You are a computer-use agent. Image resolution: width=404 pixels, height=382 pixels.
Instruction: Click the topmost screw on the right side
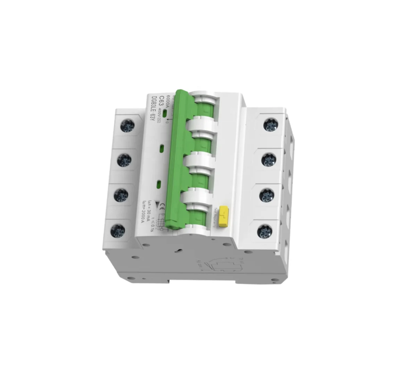pyautogui.click(x=270, y=125)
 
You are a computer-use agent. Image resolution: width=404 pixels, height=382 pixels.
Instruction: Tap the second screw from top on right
pyautogui.click(x=268, y=160)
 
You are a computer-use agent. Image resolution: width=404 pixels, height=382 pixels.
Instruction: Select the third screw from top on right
pyautogui.click(x=266, y=195)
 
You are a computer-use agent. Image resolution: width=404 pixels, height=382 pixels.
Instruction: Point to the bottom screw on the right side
pyautogui.click(x=264, y=231)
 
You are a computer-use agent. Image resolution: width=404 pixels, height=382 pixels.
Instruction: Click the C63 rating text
pyautogui.click(x=161, y=103)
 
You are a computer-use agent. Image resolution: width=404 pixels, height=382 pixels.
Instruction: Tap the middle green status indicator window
pyautogui.click(x=161, y=148)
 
